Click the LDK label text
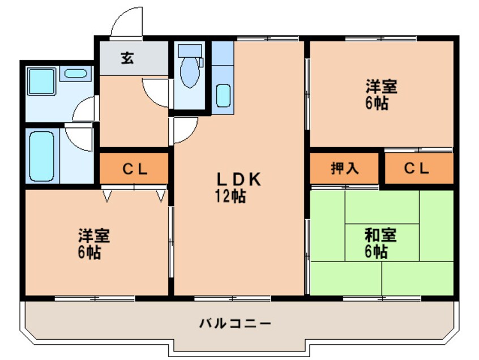click(238, 179)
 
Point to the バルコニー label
click(235, 324)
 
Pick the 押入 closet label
click(344, 168)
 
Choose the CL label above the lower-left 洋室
click(135, 168)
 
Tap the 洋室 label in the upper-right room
click(380, 87)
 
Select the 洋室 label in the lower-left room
click(94, 235)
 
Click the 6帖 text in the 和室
click(375, 251)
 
